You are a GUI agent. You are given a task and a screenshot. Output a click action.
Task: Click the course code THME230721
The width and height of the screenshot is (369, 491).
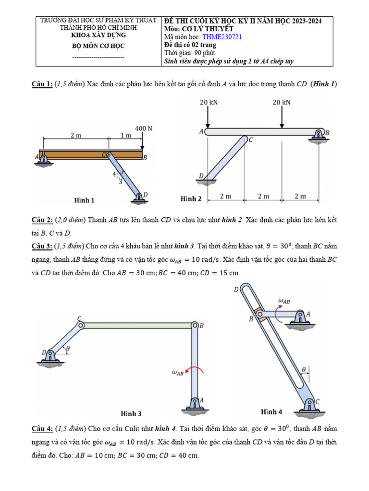221,37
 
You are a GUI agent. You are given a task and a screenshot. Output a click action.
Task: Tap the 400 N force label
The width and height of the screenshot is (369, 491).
144,129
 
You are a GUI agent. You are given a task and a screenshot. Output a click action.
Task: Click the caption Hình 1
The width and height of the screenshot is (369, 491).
84,200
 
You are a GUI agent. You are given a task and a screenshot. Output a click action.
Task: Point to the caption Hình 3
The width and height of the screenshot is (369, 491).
131,413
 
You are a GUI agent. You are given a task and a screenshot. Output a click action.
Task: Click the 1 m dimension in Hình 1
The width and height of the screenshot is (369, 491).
125,136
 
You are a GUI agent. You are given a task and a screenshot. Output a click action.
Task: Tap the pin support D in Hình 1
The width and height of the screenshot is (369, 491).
139,197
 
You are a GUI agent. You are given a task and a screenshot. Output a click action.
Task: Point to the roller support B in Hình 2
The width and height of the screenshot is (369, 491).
318,136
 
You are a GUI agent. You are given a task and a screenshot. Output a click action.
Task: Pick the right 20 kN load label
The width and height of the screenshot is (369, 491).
282,102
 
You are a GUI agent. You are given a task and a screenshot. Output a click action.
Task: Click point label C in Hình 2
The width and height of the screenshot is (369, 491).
250,140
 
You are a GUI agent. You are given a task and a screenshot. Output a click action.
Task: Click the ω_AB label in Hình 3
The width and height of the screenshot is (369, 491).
178,372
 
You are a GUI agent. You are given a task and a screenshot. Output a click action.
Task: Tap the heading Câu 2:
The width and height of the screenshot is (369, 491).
44,220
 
